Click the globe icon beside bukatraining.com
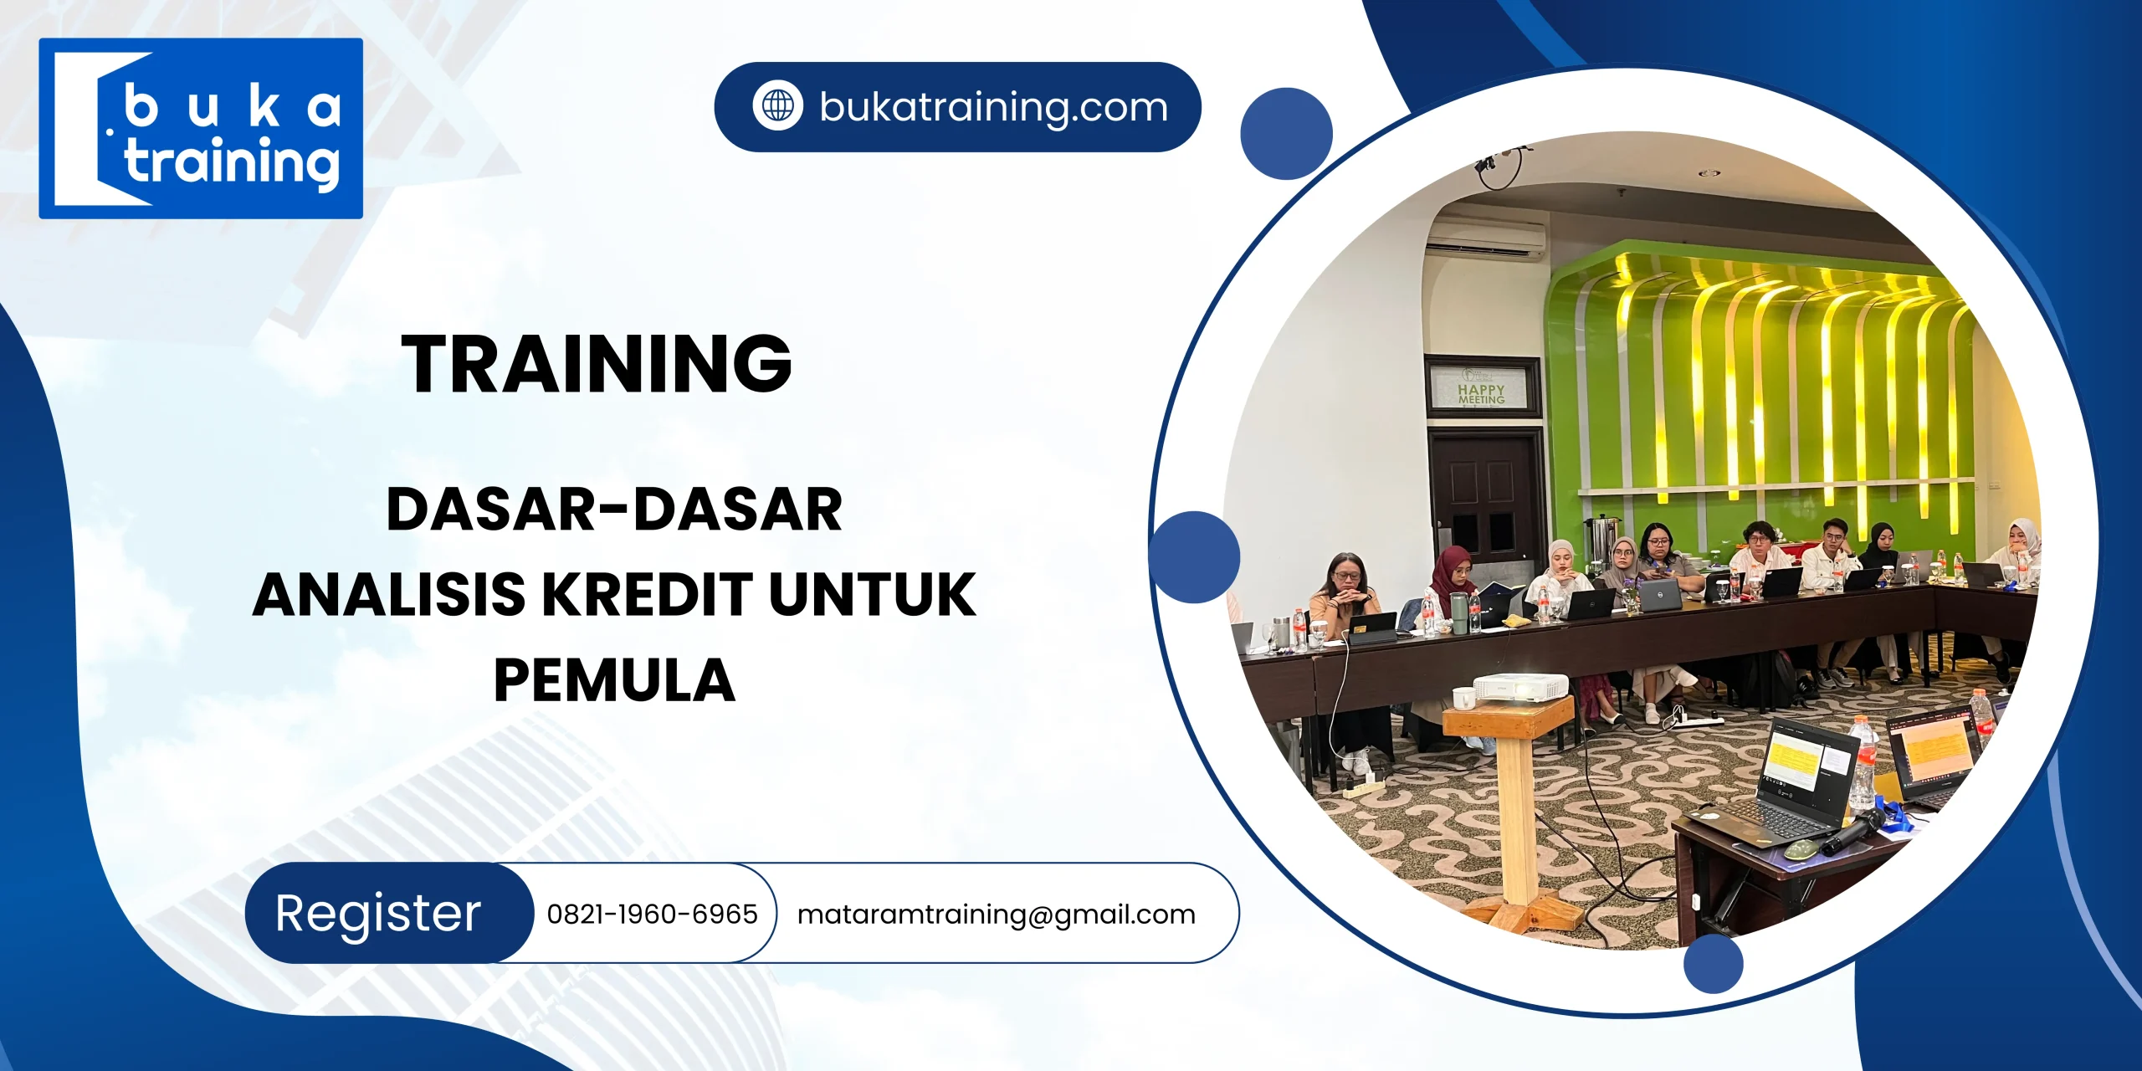coord(777,106)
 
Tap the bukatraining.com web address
coord(993,107)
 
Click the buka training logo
coord(201,128)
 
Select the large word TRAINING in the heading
coord(597,363)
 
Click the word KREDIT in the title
coord(648,595)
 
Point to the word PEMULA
coord(614,680)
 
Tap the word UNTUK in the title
coord(872,595)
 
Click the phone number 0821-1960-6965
coord(652,914)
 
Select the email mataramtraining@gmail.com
coord(996,914)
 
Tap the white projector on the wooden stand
coord(1520,688)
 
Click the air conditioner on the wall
coord(1485,239)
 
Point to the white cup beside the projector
coord(1464,697)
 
